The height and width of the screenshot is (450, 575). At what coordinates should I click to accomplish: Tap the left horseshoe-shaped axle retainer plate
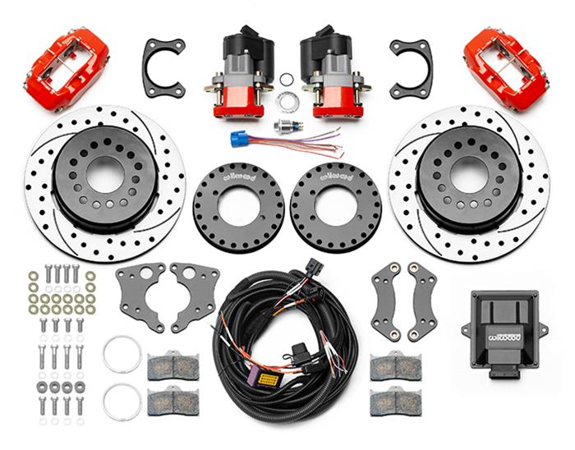coord(163,67)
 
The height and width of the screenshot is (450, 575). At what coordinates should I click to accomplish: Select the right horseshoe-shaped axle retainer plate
coord(411,67)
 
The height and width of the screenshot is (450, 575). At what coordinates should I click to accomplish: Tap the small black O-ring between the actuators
coord(286,80)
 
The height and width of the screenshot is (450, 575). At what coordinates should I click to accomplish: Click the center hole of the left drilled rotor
coord(105,174)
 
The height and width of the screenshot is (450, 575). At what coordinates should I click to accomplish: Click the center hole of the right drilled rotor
coord(469,174)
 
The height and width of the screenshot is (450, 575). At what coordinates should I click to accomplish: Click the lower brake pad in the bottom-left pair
coord(172,401)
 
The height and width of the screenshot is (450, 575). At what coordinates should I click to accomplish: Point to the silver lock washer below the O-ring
coord(287,102)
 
